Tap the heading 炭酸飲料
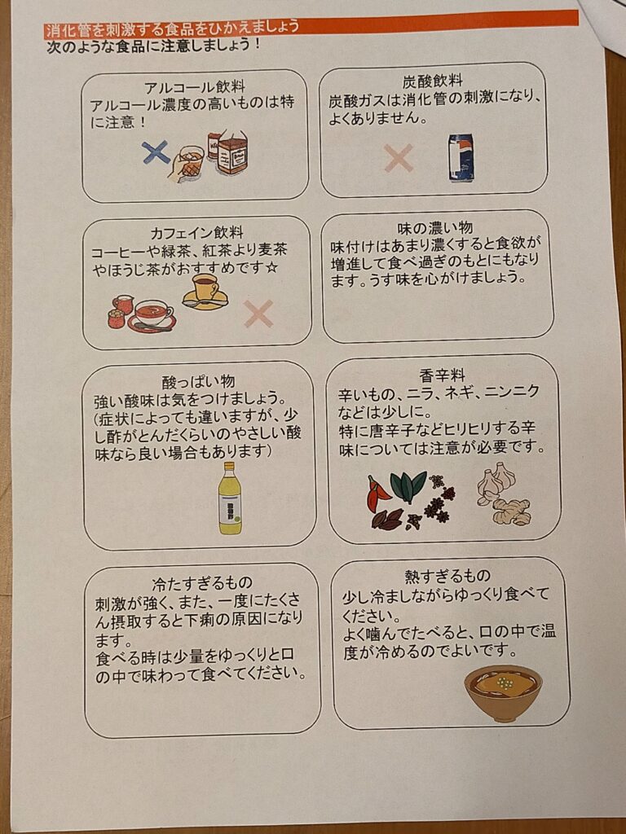433,81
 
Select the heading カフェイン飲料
196,232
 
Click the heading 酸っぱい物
199,381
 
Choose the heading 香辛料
443,375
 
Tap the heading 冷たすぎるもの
202,583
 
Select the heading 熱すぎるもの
447,576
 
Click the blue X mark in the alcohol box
155,152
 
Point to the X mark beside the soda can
399,157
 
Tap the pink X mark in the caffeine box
258,314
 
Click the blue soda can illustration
461,157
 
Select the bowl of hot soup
503,691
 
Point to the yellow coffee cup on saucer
205,290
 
